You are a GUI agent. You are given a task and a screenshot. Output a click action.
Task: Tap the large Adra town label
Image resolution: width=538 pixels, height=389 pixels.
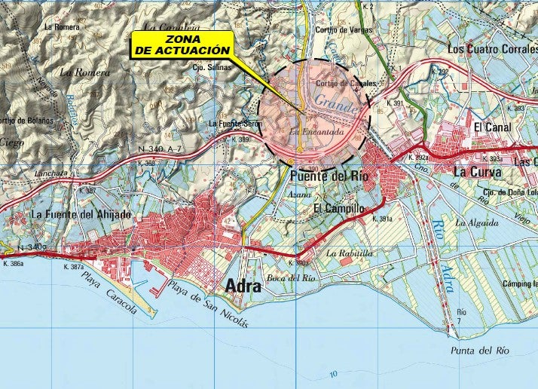243,286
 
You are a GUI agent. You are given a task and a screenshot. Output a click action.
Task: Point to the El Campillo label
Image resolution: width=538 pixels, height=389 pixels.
338,208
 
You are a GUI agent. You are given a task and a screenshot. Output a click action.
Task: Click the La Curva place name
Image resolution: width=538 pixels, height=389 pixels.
472,172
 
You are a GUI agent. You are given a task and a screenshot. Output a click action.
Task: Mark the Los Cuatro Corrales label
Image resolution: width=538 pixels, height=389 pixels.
492,48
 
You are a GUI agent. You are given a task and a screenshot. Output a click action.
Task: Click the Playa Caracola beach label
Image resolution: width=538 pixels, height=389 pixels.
110,293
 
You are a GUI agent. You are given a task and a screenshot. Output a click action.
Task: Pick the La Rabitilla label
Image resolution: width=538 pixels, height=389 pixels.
350,253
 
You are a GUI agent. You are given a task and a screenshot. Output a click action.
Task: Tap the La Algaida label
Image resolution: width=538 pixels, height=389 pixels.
476,223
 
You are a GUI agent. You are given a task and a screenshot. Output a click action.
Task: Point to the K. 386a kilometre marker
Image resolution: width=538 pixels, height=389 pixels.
13,264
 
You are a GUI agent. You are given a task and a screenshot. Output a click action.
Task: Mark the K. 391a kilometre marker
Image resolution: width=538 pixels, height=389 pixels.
383,219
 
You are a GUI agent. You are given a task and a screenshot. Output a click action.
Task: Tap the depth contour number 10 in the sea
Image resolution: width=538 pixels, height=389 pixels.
333,375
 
